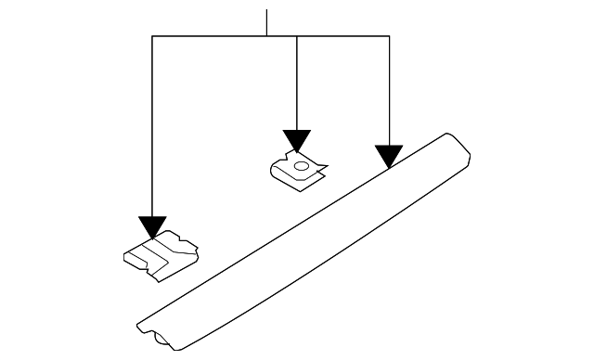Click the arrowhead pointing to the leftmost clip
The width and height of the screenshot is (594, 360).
152,227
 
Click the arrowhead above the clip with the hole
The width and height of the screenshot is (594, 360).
296,141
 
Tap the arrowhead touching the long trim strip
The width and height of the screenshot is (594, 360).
389,156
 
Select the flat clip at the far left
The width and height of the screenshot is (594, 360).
159,255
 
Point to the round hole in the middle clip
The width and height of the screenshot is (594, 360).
300,167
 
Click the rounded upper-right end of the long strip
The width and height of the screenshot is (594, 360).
457,143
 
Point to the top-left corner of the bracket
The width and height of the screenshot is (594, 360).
152,36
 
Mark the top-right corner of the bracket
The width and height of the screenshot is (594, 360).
389,36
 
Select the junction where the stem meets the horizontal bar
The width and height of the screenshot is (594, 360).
267,36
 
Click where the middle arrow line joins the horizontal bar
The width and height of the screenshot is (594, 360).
296,36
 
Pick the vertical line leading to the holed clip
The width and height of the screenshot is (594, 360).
296,84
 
